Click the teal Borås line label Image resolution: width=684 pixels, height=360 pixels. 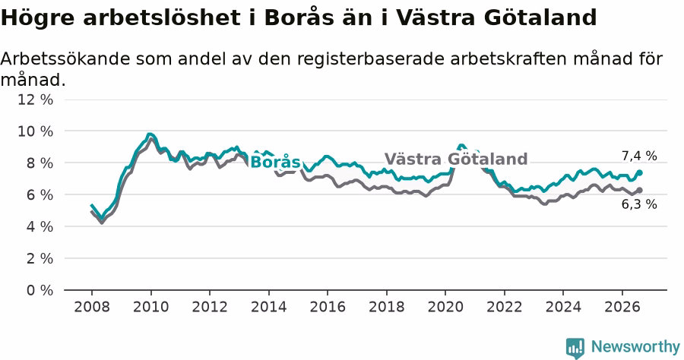point(276,162)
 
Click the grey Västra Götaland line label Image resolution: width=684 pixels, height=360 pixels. point(456,159)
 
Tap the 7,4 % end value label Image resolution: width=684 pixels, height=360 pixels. point(639,156)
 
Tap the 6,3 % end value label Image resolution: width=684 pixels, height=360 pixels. point(639,204)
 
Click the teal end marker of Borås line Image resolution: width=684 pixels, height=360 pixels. point(639,172)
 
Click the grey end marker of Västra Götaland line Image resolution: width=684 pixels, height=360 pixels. point(639,190)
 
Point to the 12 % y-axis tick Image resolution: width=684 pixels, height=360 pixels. point(35,99)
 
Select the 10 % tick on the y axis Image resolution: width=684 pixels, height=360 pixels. point(35,131)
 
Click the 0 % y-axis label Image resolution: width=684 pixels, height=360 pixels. point(40,290)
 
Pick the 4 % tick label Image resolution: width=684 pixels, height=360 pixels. point(40,226)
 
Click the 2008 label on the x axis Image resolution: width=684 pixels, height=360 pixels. point(92,307)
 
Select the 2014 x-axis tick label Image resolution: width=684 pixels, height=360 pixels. point(269,307)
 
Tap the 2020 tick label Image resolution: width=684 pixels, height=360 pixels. point(445,307)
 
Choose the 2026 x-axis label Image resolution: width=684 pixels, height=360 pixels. point(622,307)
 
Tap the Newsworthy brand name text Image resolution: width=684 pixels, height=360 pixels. point(635,347)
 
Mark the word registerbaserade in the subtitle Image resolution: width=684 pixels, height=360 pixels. point(370,59)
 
